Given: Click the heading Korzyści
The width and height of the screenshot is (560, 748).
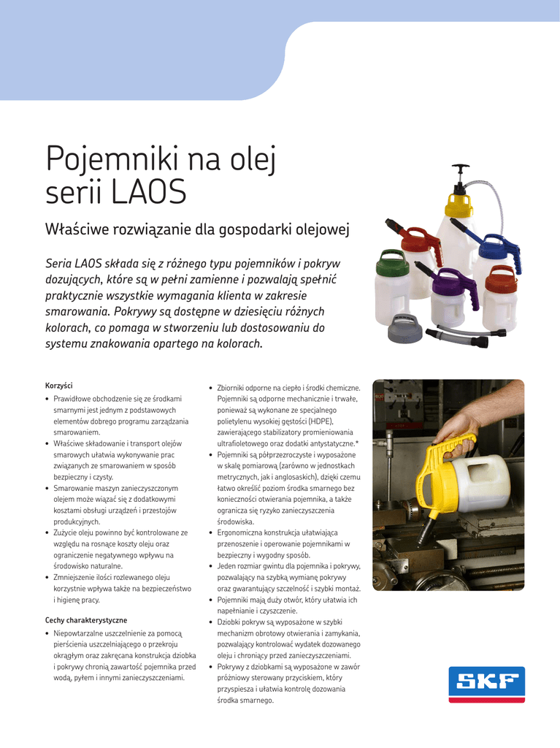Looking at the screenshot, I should pyautogui.click(x=59, y=385).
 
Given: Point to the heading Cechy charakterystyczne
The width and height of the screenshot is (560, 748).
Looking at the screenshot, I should pyautogui.click(x=86, y=620).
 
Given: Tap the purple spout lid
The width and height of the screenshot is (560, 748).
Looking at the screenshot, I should pyautogui.click(x=447, y=280).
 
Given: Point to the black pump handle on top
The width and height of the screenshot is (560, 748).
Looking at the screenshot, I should pyautogui.click(x=461, y=174).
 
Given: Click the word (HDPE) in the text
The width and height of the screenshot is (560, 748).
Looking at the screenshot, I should pyautogui.click(x=318, y=421).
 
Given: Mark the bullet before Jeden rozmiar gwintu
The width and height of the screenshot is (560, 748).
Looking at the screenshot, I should pyautogui.click(x=211, y=566).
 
